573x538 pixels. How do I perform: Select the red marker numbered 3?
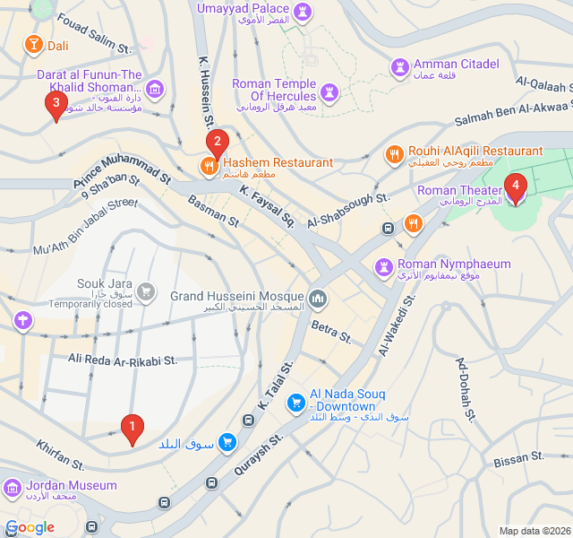(x=56, y=106)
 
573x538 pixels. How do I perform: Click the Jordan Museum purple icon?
(x=13, y=489)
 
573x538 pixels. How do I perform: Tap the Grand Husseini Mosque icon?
(x=317, y=298)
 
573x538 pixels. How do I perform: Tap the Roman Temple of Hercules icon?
(x=330, y=92)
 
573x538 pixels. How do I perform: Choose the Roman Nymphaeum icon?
(x=383, y=267)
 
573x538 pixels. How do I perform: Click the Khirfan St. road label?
(x=60, y=454)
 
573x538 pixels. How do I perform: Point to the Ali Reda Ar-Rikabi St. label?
(x=124, y=360)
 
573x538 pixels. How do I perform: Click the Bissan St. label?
(x=518, y=460)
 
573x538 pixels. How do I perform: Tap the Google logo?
(x=30, y=527)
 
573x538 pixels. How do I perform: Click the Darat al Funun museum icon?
(x=156, y=88)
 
